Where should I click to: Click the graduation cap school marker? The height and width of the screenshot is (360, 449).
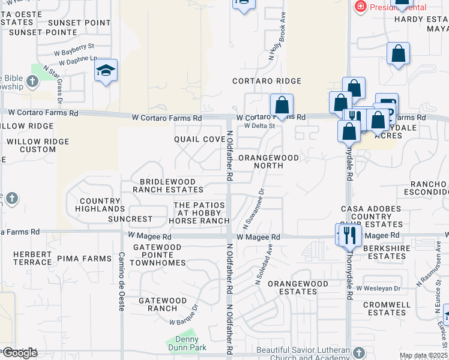click(106, 71)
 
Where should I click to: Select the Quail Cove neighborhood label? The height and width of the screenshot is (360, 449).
click(199, 139)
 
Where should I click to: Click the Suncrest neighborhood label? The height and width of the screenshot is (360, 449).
click(130, 219)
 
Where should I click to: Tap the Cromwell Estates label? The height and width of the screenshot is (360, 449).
click(387, 308)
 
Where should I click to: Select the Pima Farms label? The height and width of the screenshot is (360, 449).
click(85, 259)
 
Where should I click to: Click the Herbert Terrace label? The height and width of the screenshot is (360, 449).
click(32, 258)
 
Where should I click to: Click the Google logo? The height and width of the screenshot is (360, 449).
click(20, 352)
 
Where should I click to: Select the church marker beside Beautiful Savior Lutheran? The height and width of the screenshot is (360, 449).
click(359, 352)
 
